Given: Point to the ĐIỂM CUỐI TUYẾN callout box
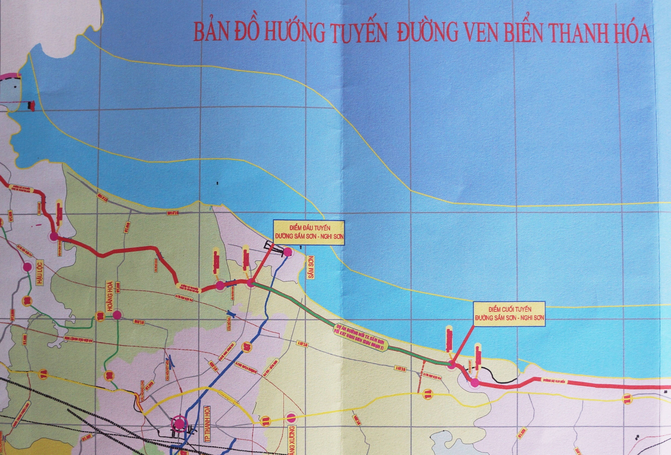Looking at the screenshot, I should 509,315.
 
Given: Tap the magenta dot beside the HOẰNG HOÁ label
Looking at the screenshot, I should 117,315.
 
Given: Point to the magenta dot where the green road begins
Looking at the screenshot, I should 250,284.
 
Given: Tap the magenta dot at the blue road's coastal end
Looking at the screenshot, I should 287,252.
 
